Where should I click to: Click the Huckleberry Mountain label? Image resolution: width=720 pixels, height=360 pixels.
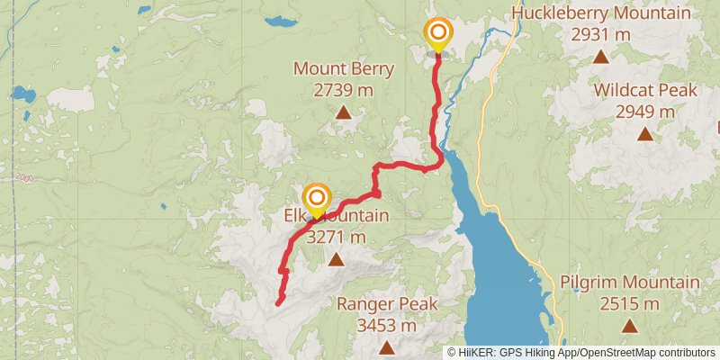(x=600, y=13)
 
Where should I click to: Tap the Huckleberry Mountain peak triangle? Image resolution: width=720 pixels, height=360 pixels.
(x=600, y=57)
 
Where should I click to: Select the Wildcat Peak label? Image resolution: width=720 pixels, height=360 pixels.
(x=644, y=91)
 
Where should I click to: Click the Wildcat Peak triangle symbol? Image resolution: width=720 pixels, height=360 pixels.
(x=644, y=134)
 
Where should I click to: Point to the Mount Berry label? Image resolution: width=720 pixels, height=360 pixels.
(x=343, y=69)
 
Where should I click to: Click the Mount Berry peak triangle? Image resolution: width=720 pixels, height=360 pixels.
(x=343, y=112)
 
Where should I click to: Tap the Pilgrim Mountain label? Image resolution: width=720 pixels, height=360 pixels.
(x=629, y=283)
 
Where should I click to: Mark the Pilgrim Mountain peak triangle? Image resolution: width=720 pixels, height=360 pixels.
(x=629, y=326)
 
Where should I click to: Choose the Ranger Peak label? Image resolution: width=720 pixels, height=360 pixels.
(x=387, y=304)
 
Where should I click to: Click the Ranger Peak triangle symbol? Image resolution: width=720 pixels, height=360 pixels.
(x=387, y=347)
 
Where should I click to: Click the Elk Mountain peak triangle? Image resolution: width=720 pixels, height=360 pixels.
(x=336, y=260)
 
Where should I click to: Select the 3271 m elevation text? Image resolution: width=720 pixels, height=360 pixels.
(x=336, y=238)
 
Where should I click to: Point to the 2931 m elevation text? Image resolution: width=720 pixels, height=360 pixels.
(x=600, y=35)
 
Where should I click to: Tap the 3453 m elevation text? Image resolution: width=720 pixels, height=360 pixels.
(x=387, y=326)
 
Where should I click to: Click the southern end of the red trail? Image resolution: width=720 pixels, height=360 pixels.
(x=277, y=304)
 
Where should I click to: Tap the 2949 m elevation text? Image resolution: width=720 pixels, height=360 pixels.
(x=644, y=112)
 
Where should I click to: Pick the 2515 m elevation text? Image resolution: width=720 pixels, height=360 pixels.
(x=629, y=304)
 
